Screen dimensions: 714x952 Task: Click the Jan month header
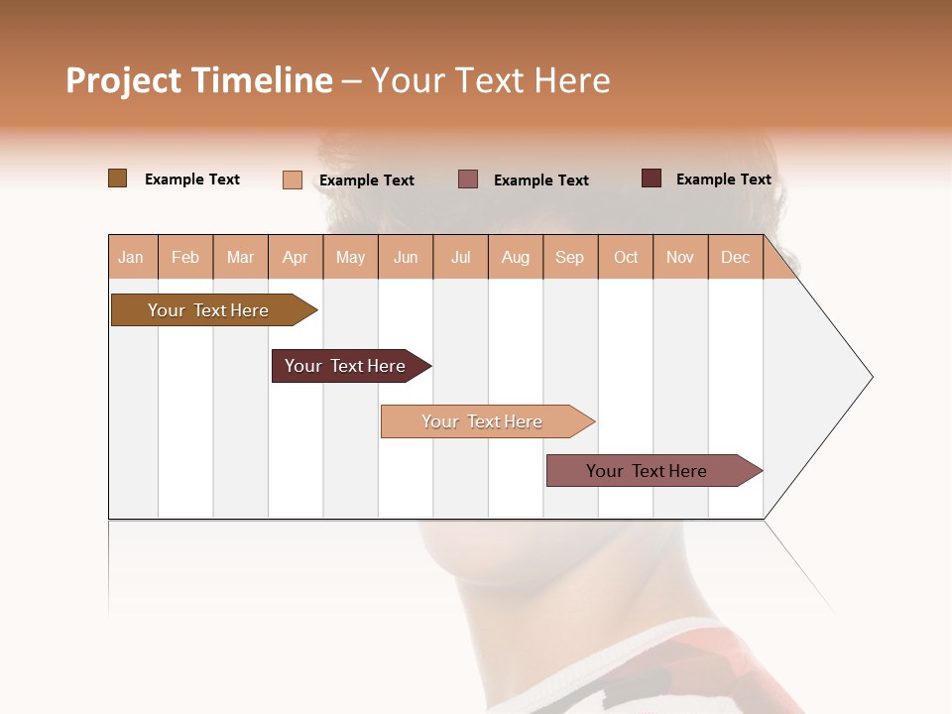pos(131,257)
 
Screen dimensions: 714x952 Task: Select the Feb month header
pos(185,257)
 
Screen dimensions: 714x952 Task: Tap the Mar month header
pos(240,257)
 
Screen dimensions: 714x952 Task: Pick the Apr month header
pos(296,257)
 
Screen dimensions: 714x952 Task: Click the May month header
pos(350,257)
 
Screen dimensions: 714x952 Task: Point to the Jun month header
pos(406,257)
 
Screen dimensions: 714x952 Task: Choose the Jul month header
pos(460,257)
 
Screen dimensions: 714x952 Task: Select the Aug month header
pos(516,257)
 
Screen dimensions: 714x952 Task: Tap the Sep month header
pos(570,257)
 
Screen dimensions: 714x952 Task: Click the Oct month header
pos(626,257)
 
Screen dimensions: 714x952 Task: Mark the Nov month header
pos(680,257)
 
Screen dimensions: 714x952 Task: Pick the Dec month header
pos(735,257)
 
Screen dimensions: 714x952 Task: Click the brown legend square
pos(118,178)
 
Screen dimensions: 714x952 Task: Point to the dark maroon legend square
pos(652,178)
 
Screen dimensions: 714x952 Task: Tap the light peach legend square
pos(293,179)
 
